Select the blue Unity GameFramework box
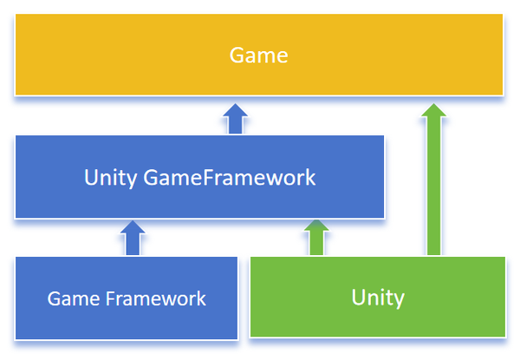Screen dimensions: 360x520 (199, 178)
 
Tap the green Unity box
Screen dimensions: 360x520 (378, 298)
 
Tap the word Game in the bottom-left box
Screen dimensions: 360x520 (69, 299)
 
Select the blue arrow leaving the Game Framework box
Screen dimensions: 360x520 (133, 238)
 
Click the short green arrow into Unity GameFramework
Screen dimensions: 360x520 (317, 238)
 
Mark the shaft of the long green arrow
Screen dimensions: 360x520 (433, 191)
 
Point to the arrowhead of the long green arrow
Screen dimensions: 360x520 (433, 110)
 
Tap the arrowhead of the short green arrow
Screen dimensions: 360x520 (317, 227)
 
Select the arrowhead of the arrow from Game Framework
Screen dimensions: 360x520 (133, 227)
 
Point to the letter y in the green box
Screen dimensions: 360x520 (399, 300)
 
